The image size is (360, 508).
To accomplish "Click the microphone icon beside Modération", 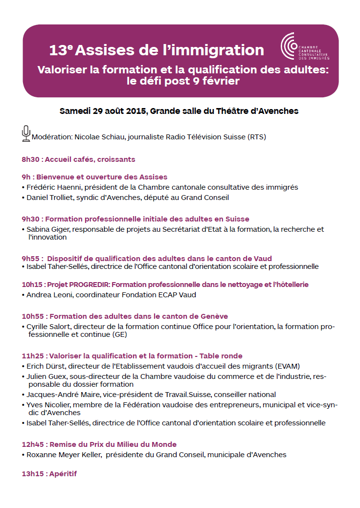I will tap(26, 133).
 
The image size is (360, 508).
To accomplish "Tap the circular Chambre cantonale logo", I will tap(288, 46).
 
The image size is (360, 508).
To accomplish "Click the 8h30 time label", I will tap(30, 159).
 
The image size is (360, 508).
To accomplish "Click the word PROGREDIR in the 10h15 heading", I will tap(89, 285).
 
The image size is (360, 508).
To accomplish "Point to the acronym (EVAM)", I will tap(287, 366).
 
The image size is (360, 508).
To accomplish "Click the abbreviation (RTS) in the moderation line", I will tap(257, 137).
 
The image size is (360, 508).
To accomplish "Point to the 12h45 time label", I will tap(32, 444).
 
